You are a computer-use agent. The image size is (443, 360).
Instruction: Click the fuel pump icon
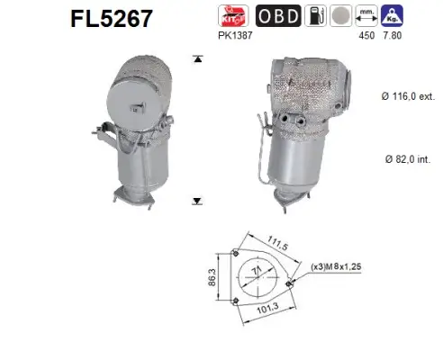312,14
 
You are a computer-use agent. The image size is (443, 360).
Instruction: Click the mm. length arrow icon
366,14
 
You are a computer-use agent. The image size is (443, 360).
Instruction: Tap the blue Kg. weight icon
392,14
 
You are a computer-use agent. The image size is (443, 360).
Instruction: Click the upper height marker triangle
196,59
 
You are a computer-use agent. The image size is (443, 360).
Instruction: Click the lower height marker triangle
196,202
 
